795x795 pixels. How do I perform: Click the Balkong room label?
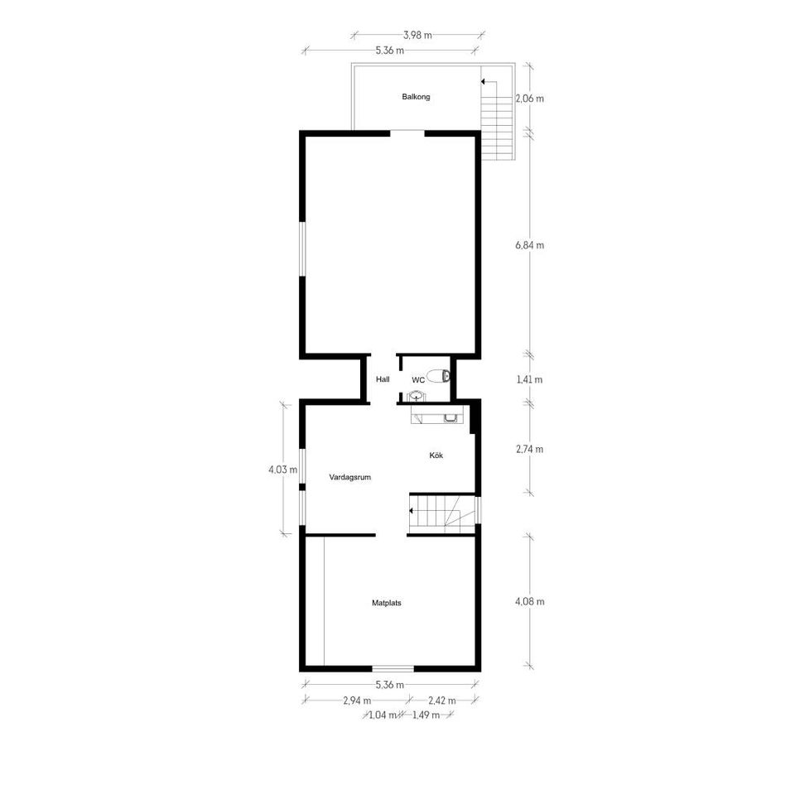tap(416, 97)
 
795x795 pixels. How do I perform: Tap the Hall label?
tap(383, 379)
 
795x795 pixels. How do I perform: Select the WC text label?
tap(418, 380)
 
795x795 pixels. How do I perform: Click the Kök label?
tap(436, 455)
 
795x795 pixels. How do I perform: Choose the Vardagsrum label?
tap(349, 477)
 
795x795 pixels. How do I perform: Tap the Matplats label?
tap(386, 604)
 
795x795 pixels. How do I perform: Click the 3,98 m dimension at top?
tap(417, 35)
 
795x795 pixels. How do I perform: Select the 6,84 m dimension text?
tap(529, 245)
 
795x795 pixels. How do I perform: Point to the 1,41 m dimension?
tap(529, 380)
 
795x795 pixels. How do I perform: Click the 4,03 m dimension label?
tap(282, 469)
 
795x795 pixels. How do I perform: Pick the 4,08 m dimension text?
tap(529, 602)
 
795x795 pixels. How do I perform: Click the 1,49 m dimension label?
tap(426, 715)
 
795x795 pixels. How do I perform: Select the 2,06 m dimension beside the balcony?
tap(529, 99)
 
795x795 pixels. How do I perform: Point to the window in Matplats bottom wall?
tap(393, 667)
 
